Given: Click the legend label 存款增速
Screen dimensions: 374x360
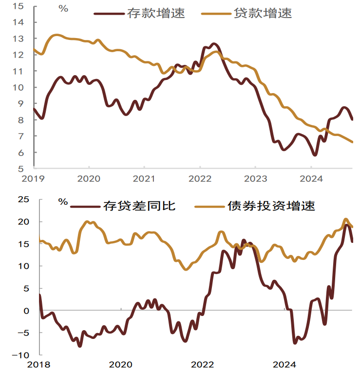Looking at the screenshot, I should tap(156, 13).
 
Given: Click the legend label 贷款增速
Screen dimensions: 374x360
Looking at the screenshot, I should tap(263, 13).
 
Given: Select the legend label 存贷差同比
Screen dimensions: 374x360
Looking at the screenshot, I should tap(139, 206).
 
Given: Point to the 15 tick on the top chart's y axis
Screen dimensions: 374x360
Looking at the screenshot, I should tap(18, 6).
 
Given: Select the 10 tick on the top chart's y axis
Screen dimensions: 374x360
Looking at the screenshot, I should tap(18, 88).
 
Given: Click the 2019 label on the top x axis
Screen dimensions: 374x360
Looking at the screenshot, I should tap(34, 178).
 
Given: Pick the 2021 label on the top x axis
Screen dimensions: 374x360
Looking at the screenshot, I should tap(144, 178).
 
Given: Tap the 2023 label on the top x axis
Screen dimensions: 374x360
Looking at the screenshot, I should tap(255, 178).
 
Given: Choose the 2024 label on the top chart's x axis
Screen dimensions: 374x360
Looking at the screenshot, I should tap(310, 178).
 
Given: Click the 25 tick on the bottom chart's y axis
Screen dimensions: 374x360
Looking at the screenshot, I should tap(23, 199).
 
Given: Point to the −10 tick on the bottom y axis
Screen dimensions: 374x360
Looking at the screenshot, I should tap(20, 355).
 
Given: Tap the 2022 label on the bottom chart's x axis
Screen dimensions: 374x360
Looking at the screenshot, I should tap(202, 365).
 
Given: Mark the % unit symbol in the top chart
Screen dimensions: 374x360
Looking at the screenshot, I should tap(63, 8).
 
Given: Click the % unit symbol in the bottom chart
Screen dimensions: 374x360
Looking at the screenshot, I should tap(63, 201).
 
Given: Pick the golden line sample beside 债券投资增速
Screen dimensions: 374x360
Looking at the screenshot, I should tap(209, 206).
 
